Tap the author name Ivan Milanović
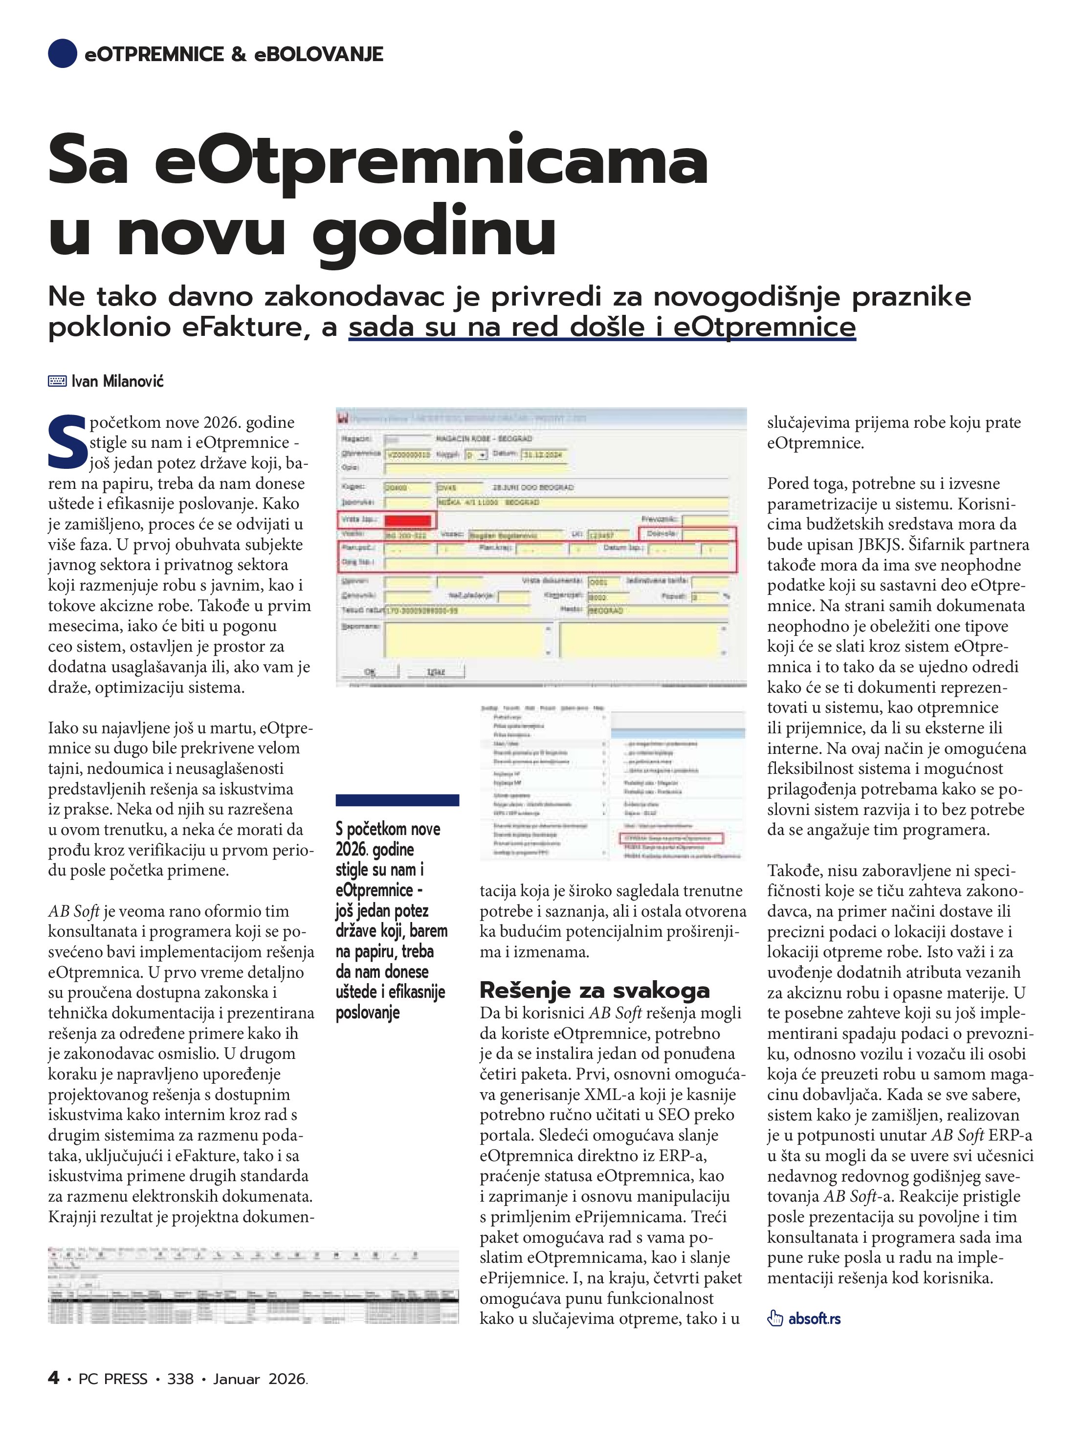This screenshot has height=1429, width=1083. point(118,381)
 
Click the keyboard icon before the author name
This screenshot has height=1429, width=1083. point(57,381)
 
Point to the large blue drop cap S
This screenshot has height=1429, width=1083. point(66,443)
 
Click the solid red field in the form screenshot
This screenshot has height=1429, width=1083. point(407,521)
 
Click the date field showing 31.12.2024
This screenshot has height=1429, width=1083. point(544,454)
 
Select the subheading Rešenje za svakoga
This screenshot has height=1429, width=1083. point(595,989)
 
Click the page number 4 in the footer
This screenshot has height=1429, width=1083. point(54,1378)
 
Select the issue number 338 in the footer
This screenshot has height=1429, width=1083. point(180,1379)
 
